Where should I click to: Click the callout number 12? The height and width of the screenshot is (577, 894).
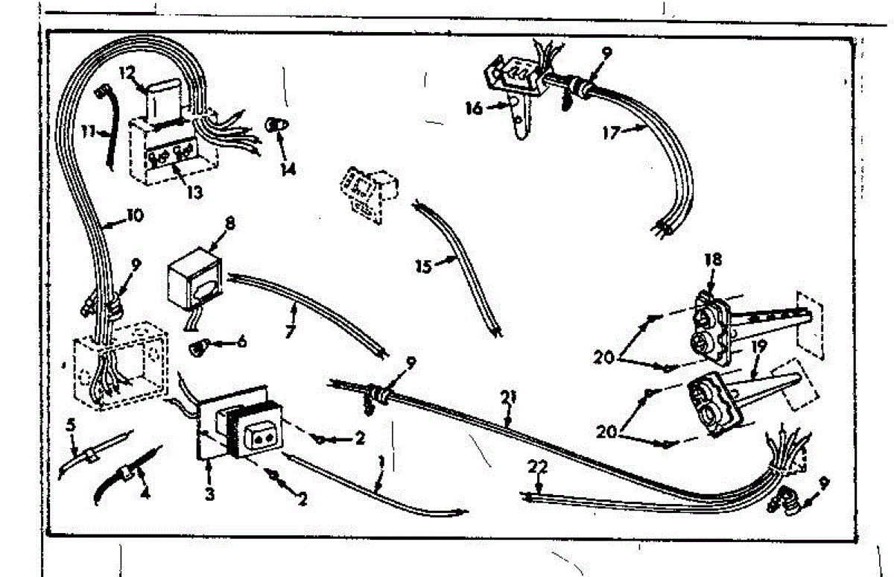coord(126,74)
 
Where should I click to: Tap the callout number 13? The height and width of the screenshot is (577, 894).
coord(194,192)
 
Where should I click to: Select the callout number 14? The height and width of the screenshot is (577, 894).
coord(288,169)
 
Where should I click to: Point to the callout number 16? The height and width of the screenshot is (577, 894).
coord(474,109)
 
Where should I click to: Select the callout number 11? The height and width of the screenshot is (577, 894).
coord(88,131)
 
